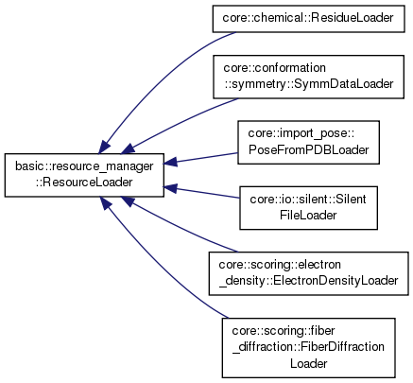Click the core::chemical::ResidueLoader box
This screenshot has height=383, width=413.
click(x=308, y=18)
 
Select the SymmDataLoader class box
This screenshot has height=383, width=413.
click(x=308, y=77)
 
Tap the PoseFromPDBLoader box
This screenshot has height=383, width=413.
click(x=308, y=142)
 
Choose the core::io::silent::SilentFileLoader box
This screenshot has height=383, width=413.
click(x=308, y=208)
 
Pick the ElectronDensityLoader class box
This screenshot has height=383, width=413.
click(x=308, y=273)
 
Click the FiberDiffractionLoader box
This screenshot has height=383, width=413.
click(x=308, y=347)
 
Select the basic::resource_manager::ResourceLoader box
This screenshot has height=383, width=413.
click(x=84, y=175)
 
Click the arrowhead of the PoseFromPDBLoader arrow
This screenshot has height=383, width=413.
click(x=170, y=162)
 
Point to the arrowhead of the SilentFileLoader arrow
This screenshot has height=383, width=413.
click(x=170, y=188)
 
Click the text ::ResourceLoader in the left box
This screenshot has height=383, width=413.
click(x=84, y=183)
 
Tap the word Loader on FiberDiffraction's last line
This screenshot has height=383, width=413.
click(x=309, y=363)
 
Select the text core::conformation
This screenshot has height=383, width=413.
click(x=275, y=68)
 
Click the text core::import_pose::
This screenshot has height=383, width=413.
click(x=301, y=133)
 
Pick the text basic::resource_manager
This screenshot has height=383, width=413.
click(x=84, y=166)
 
